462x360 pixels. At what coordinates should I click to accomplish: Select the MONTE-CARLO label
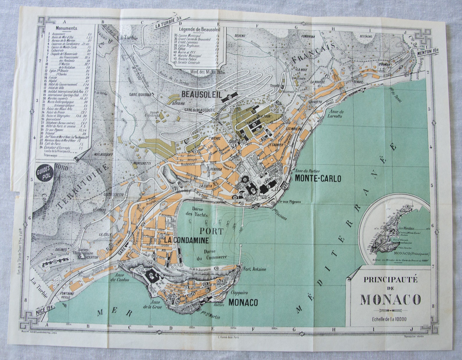(x=318, y=178)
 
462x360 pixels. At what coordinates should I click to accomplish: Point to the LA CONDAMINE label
(x=186, y=240)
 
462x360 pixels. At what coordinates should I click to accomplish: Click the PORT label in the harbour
(x=212, y=231)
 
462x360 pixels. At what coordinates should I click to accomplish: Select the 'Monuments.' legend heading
(x=67, y=28)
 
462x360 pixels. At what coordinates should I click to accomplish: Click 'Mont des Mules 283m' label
(x=209, y=72)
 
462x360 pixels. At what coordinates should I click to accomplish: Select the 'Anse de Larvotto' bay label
(x=336, y=114)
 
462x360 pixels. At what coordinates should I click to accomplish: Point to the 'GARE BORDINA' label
(x=141, y=95)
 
